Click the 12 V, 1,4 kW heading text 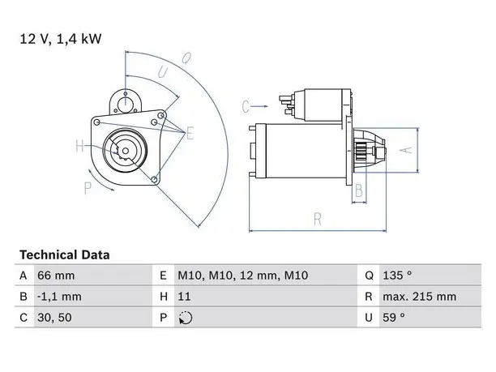61,39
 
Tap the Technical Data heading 65,255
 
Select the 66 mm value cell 56,276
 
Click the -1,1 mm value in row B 59,297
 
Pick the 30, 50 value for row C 54,318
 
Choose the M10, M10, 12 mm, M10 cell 242,276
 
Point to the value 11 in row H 184,297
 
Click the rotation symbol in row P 186,318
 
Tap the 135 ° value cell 397,276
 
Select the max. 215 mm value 420,297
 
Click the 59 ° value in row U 394,317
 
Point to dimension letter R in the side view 318,219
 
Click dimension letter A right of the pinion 407,150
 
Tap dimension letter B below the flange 359,190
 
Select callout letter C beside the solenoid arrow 246,107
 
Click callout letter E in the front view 190,133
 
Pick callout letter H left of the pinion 79,146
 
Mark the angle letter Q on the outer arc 186,58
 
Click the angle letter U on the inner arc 163,72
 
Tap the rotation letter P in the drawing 88,188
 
